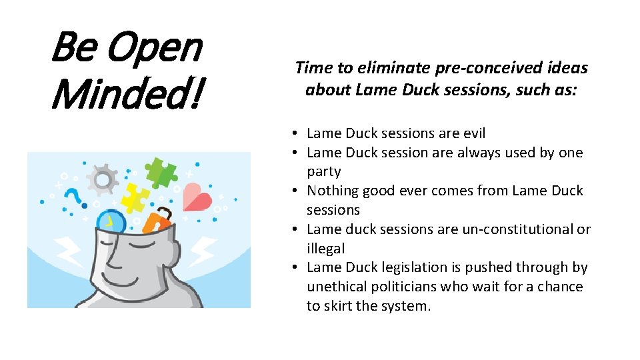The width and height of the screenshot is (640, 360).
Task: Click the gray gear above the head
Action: (103, 178)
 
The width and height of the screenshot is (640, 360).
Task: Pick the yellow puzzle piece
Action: (135, 197)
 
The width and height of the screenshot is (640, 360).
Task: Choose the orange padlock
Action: (157, 221)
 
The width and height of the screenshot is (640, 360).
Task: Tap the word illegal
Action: (326, 249)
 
